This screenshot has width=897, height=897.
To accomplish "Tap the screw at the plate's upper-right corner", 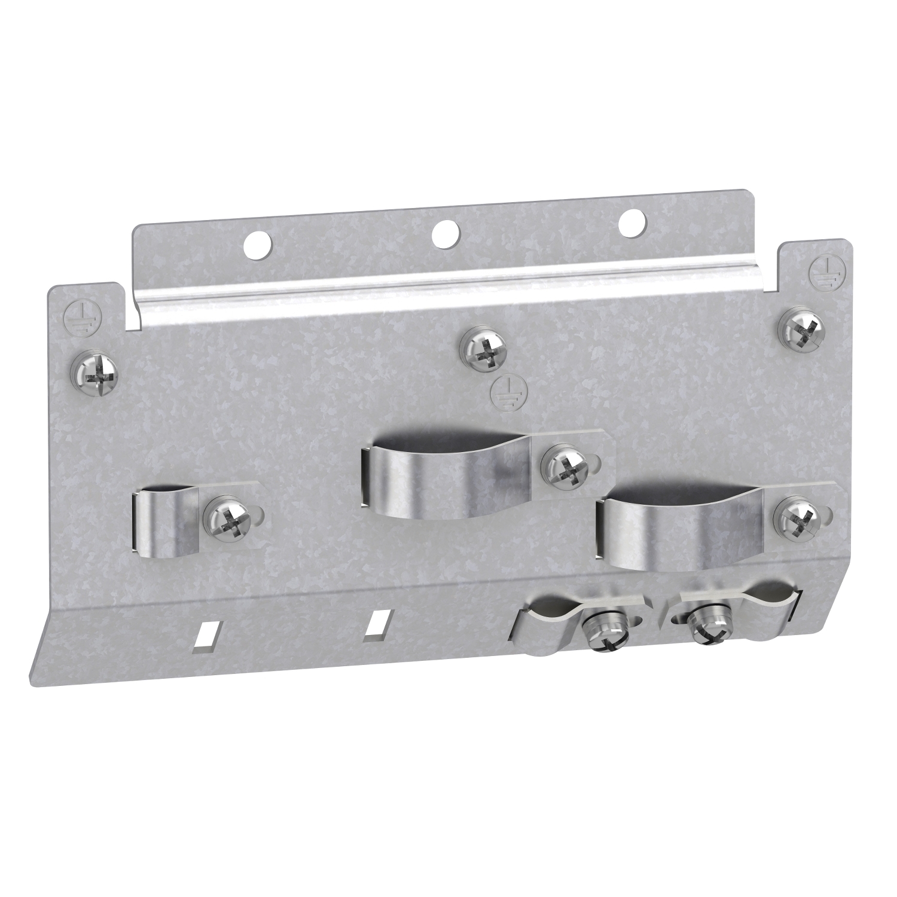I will (801, 329).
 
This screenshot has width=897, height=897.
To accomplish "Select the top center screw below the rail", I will (485, 351).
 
